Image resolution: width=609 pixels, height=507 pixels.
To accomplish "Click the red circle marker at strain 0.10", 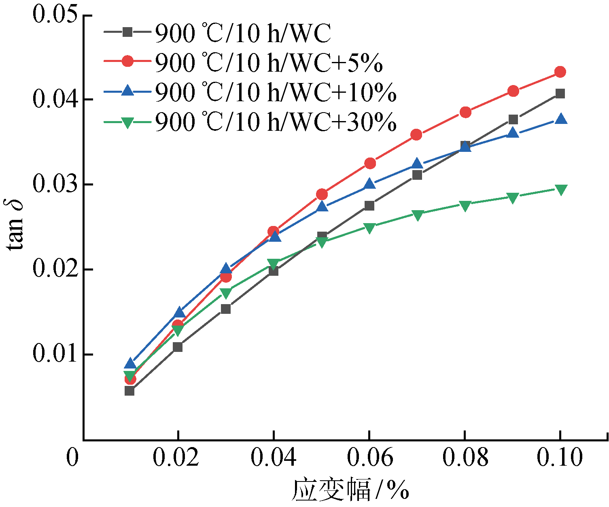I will point(560,72).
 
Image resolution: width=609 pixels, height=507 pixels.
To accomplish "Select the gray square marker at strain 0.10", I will point(560,94).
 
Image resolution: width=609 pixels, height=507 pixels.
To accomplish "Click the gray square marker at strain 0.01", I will point(129,391).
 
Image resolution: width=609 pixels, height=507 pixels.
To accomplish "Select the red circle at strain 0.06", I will point(370,163).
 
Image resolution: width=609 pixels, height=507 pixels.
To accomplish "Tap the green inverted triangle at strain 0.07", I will point(418,215).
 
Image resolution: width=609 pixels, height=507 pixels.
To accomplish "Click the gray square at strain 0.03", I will point(226,309).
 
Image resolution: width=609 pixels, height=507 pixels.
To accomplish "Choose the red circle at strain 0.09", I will point(513,91).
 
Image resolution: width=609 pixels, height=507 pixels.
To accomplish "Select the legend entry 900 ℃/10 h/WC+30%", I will point(276,121).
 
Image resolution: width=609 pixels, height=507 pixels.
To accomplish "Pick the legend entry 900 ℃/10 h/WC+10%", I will point(276,92).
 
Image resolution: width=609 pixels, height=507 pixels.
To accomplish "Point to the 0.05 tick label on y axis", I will point(55,15).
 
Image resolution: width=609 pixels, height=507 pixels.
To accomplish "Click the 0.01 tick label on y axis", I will point(55,354).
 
